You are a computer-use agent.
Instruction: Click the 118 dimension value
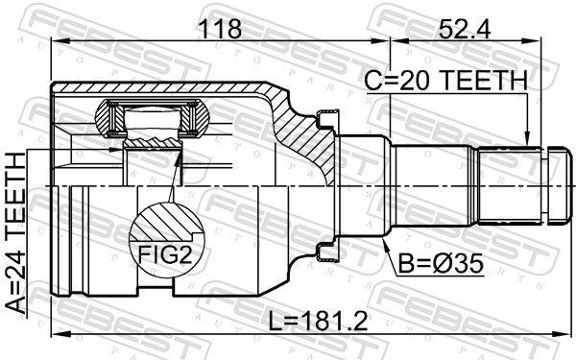[220, 29]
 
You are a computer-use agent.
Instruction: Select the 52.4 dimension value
[465, 29]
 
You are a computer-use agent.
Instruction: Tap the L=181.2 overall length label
[318, 321]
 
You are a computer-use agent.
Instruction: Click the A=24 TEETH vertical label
[16, 233]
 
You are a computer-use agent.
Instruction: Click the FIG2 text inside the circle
[165, 254]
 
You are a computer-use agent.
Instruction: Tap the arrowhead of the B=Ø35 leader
[384, 244]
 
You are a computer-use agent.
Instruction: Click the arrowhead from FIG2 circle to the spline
[179, 157]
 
